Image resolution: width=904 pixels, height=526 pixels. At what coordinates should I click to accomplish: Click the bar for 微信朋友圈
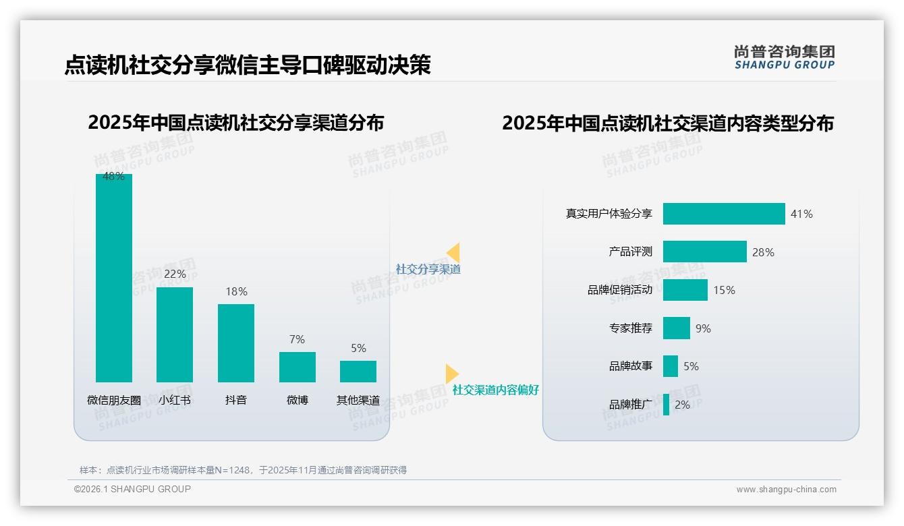[113, 278]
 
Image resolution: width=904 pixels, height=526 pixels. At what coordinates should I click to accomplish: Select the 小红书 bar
[175, 334]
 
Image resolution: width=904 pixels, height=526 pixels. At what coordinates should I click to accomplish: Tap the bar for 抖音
[236, 343]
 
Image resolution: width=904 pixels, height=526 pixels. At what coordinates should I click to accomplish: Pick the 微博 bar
[297, 367]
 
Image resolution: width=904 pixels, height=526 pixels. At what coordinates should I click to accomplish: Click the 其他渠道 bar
[358, 372]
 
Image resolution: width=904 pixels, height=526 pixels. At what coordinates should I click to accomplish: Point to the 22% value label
[175, 274]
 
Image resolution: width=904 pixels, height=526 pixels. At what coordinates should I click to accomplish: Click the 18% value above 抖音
[236, 291]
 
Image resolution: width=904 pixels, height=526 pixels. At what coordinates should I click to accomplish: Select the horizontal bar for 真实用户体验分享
[724, 214]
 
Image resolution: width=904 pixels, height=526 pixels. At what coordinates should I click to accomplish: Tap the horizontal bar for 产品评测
[704, 252]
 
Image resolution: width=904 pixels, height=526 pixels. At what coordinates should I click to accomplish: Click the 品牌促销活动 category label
[620, 290]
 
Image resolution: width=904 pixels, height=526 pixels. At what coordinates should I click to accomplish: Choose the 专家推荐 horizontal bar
[676, 328]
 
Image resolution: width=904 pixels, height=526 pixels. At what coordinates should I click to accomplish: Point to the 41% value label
[801, 214]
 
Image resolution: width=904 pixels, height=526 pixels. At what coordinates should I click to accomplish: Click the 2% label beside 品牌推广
[682, 405]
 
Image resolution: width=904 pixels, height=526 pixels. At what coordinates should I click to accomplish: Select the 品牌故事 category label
[631, 366]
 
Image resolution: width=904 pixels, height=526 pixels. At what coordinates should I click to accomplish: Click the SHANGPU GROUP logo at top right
[784, 57]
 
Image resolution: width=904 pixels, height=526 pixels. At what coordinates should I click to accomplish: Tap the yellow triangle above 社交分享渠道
[453, 253]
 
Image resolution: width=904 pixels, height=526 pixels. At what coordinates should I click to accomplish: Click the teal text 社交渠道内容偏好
[495, 390]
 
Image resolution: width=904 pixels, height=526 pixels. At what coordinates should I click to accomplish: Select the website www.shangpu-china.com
[786, 490]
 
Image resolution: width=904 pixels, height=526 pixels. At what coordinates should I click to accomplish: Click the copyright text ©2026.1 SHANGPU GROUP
[132, 489]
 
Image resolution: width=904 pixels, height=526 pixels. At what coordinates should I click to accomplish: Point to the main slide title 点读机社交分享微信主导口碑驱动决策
[247, 65]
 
